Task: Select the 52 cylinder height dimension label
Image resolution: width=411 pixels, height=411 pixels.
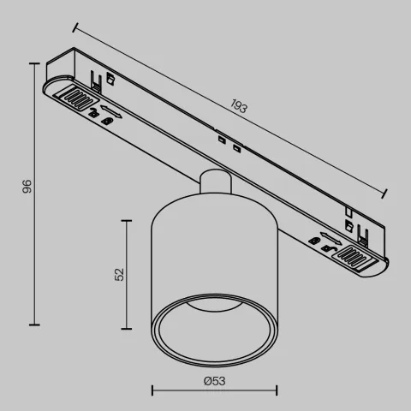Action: [x=120, y=273]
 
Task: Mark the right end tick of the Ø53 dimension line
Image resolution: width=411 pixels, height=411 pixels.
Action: [x=276, y=389]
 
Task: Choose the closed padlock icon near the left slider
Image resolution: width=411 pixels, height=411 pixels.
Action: [x=105, y=122]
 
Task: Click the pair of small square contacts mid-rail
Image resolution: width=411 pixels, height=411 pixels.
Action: [x=227, y=143]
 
